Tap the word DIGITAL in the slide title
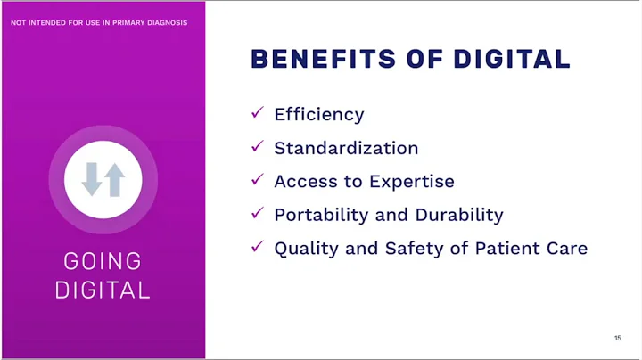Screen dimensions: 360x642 [511, 59]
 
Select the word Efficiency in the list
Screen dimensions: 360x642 [319, 115]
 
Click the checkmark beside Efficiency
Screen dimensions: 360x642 [258, 112]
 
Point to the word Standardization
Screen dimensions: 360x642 [346, 148]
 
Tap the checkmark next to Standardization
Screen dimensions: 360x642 [258, 145]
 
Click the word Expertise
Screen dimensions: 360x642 [412, 182]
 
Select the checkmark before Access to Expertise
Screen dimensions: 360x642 [258, 179]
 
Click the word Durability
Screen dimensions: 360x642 [461, 215]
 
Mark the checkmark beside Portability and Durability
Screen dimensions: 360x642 [258, 213]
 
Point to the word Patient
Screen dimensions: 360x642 [505, 249]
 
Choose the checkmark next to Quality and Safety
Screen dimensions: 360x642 [258, 247]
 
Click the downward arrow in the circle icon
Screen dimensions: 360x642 [92, 179]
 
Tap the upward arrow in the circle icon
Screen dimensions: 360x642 [114, 179]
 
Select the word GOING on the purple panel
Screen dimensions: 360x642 [103, 262]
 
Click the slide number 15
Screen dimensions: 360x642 [617, 339]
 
